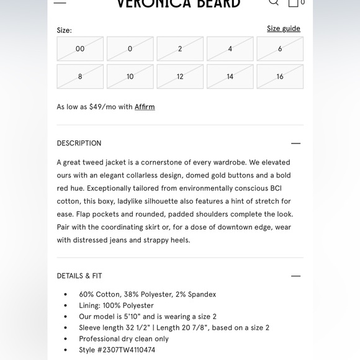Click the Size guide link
(283, 29)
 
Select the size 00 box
(80, 49)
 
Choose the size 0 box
(130, 49)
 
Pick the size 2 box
(180, 49)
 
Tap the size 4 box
(230, 49)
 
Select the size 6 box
(280, 49)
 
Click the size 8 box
(80, 77)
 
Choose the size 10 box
(130, 77)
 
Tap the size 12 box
(180, 77)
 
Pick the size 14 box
(230, 77)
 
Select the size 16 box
(280, 77)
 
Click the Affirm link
(145, 107)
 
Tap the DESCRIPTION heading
(79, 143)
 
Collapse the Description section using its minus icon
(295, 143)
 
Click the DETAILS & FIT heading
(79, 276)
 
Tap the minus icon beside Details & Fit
(295, 276)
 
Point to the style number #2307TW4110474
(130, 350)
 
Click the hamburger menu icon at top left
(60, 2)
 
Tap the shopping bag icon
(294, 2)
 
